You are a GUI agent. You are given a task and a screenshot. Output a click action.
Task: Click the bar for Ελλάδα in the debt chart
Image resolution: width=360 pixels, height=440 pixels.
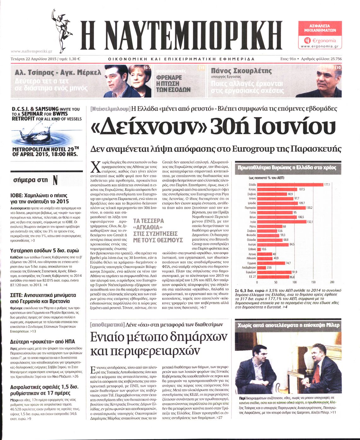(x=290, y=185)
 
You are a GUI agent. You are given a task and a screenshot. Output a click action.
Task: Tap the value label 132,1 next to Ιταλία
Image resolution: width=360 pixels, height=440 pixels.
(x=310, y=222)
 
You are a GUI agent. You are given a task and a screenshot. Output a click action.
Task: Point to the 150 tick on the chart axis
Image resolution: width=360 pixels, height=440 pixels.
(x=313, y=282)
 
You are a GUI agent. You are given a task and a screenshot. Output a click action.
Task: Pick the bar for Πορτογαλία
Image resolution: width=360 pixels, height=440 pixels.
(x=281, y=208)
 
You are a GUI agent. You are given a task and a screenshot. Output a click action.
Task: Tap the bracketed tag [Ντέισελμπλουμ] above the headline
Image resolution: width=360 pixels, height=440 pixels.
(x=110, y=109)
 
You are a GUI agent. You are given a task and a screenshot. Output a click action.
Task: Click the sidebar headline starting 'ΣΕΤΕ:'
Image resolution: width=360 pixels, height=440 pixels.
(x=43, y=298)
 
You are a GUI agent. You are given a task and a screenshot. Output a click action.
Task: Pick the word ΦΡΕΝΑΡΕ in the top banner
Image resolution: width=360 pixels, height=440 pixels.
(x=169, y=77)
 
